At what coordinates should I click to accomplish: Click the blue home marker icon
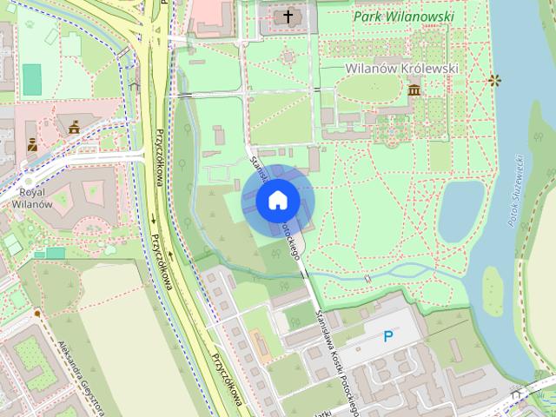pos(277,201)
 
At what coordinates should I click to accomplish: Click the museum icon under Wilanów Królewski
pos(414,89)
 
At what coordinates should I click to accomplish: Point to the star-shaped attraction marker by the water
pos(494,81)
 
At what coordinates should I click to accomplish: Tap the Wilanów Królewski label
pos(401,68)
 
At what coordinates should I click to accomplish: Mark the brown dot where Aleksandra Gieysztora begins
pos(37,312)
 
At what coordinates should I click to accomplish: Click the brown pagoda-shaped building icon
pos(73,127)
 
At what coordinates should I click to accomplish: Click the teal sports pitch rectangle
pos(32,81)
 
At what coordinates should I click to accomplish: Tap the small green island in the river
pos(493,291)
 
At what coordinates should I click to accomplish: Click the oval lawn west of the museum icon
pos(365,88)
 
